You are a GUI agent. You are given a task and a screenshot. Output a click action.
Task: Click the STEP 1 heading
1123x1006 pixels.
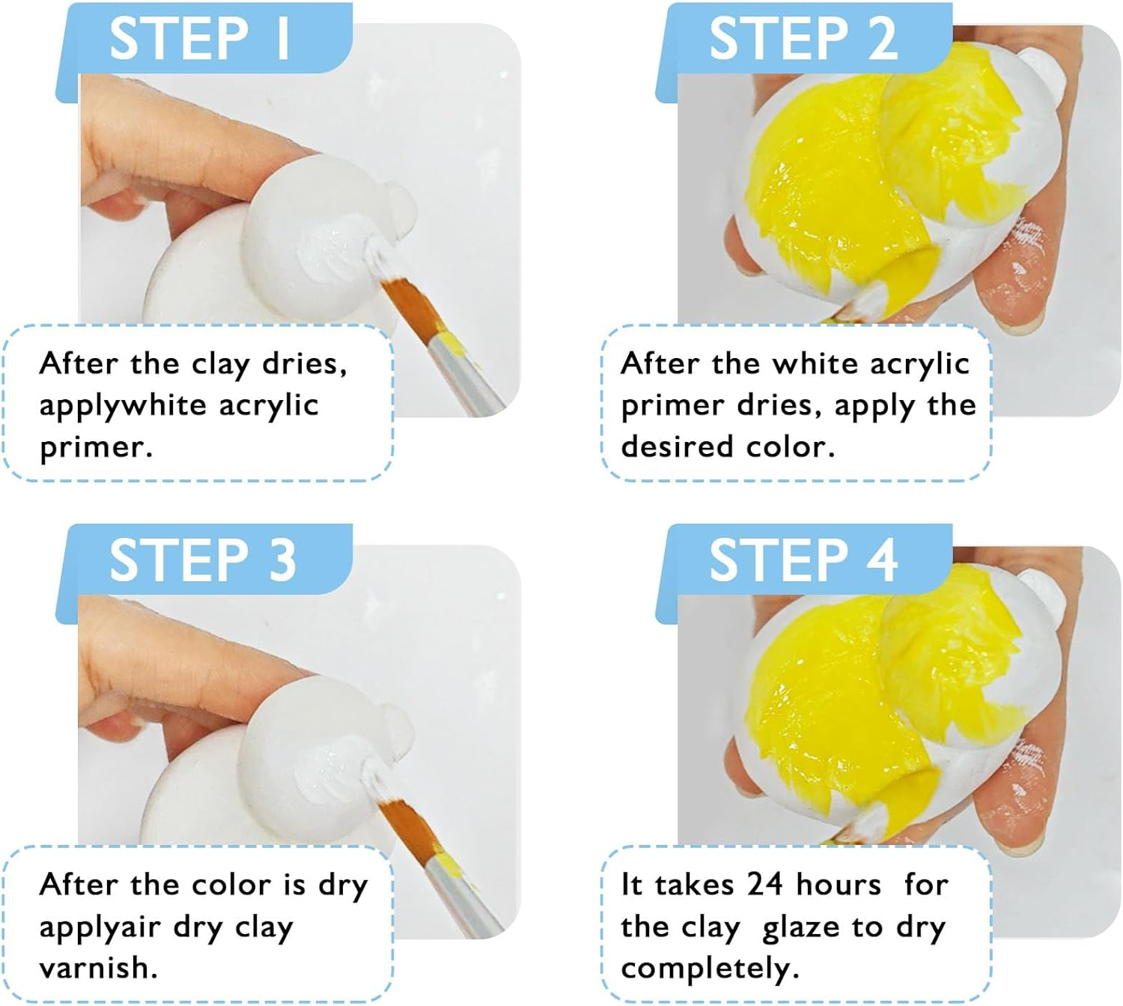pyautogui.click(x=201, y=39)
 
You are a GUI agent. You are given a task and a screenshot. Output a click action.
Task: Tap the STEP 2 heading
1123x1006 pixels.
pyautogui.click(x=803, y=39)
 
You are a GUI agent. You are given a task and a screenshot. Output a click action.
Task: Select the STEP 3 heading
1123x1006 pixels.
pyautogui.click(x=202, y=560)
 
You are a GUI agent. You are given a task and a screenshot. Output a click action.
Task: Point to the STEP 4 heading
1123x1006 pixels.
pyautogui.click(x=803, y=560)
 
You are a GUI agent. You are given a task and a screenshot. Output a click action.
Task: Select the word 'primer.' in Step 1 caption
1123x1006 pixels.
pyautogui.click(x=96, y=447)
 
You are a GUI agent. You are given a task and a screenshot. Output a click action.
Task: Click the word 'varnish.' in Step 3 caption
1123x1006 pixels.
pyautogui.click(x=98, y=968)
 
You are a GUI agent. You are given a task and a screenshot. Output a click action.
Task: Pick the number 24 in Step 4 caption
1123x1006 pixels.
pyautogui.click(x=764, y=885)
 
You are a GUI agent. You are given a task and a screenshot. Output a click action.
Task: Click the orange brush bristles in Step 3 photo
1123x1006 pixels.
pyautogui.click(x=410, y=821)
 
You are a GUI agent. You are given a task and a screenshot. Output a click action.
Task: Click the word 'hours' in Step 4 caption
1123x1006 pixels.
pyautogui.click(x=839, y=885)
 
